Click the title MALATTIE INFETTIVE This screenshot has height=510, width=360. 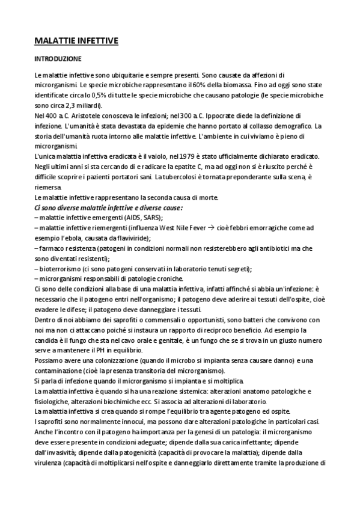(x=76, y=41)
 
